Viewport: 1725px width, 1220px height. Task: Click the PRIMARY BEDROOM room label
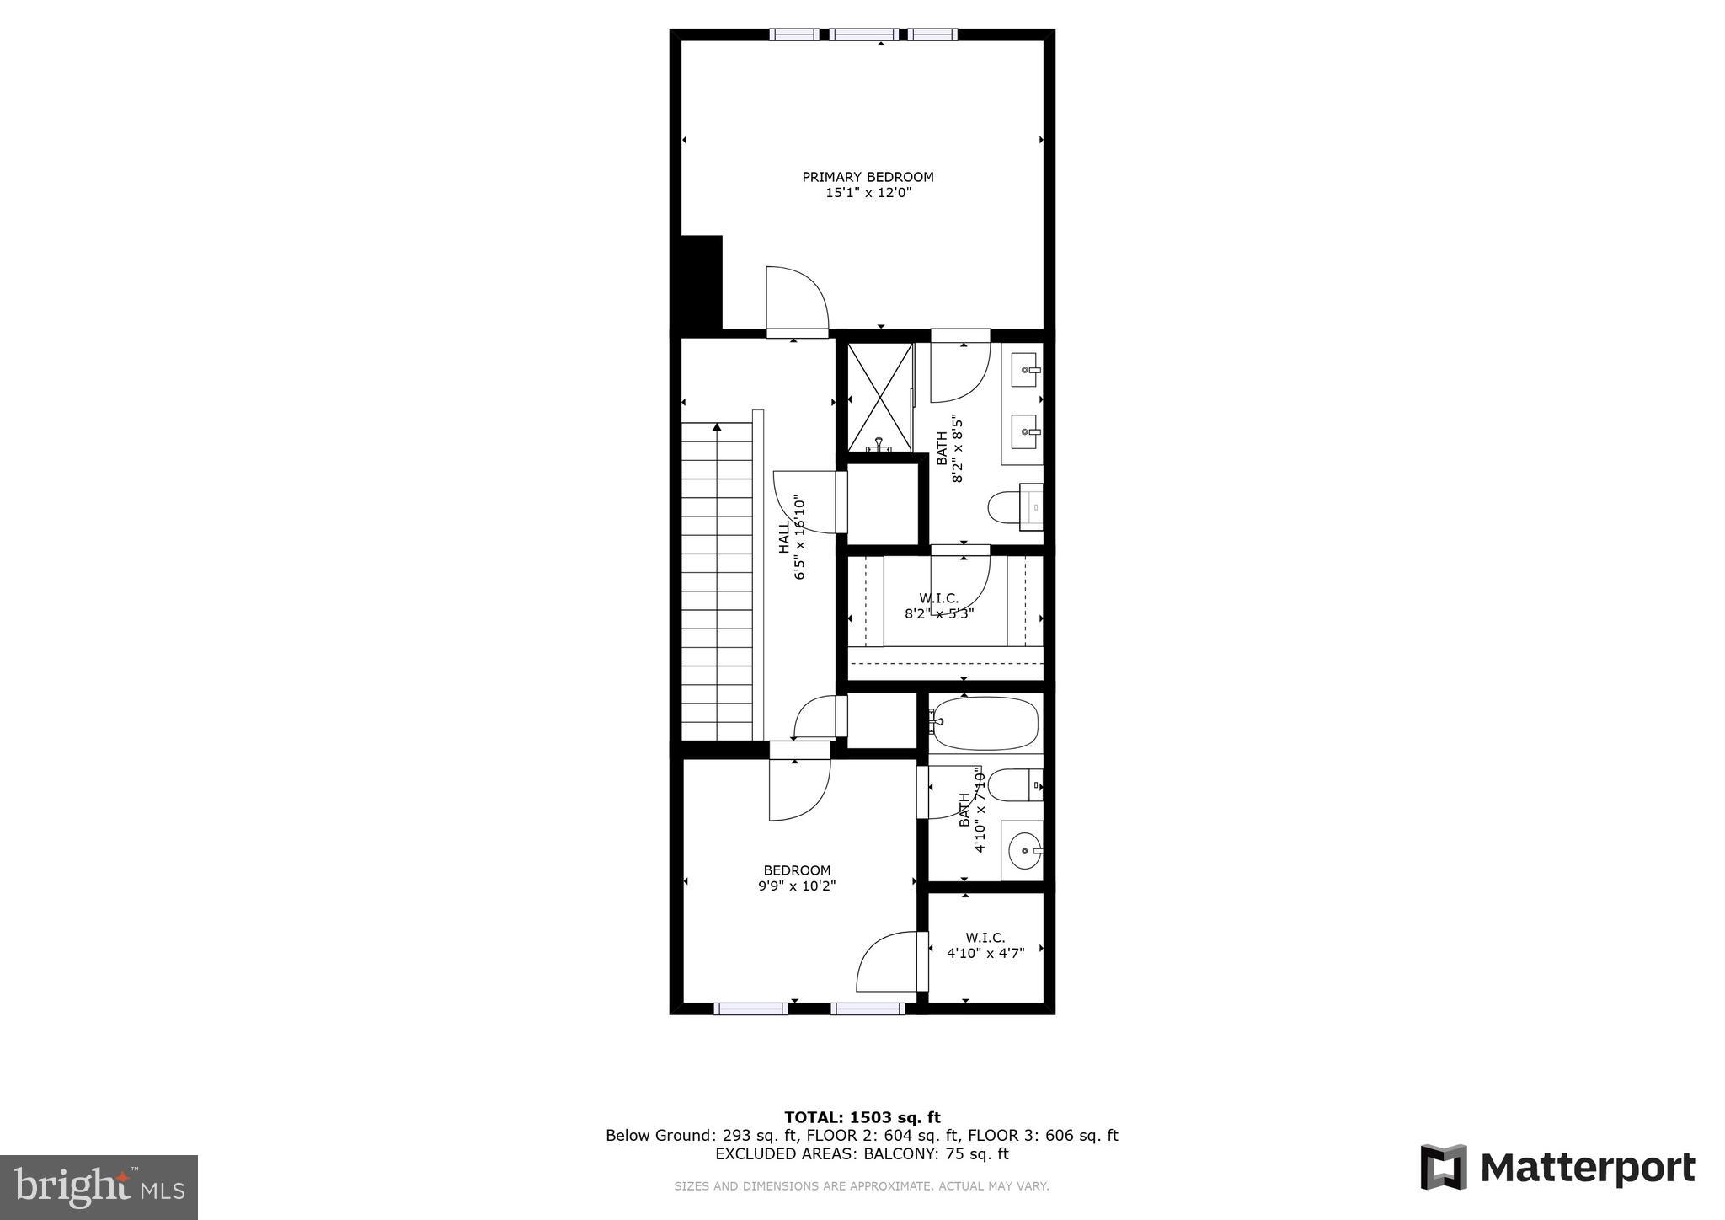pyautogui.click(x=868, y=177)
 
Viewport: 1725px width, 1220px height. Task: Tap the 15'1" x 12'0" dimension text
pyautogui.click(x=868, y=193)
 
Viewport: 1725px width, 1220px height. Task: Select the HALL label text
pyautogui.click(x=784, y=537)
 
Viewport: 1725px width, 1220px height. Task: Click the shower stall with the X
pyautogui.click(x=879, y=397)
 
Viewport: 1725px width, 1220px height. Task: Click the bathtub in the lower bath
pyautogui.click(x=985, y=723)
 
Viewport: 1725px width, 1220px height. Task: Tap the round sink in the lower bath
pyautogui.click(x=1023, y=851)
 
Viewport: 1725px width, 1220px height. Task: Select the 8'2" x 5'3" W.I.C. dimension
pyautogui.click(x=939, y=614)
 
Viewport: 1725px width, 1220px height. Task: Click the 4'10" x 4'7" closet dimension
pyautogui.click(x=985, y=953)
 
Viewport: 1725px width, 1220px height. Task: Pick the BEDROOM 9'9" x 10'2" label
pyautogui.click(x=797, y=878)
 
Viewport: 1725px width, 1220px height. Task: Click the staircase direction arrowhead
pyautogui.click(x=717, y=427)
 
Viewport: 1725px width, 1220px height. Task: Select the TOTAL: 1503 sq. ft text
pyautogui.click(x=862, y=1118)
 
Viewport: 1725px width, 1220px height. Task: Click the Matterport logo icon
pyautogui.click(x=1444, y=1167)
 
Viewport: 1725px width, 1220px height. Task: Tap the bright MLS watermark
pyautogui.click(x=99, y=1187)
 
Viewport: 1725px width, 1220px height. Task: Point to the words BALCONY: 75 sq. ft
pyautogui.click(x=935, y=1154)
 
